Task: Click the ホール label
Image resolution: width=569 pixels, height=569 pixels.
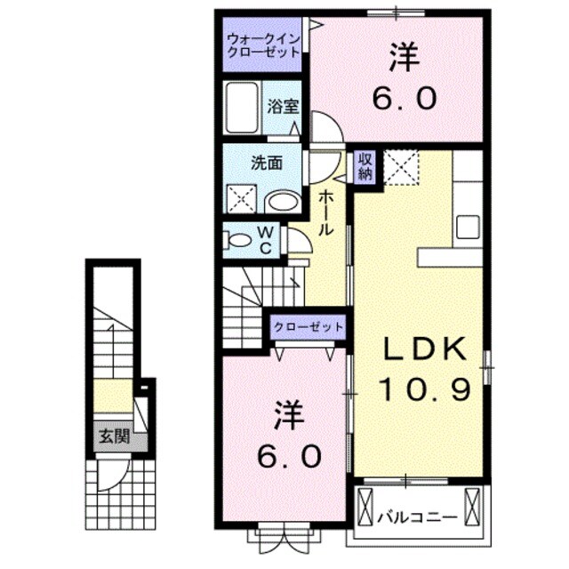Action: (327, 212)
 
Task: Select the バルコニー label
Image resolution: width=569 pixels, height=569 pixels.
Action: (416, 517)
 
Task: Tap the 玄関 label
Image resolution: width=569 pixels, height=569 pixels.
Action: (111, 437)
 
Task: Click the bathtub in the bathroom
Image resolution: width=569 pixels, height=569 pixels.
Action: (242, 108)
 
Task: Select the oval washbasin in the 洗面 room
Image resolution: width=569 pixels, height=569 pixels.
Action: (283, 201)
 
